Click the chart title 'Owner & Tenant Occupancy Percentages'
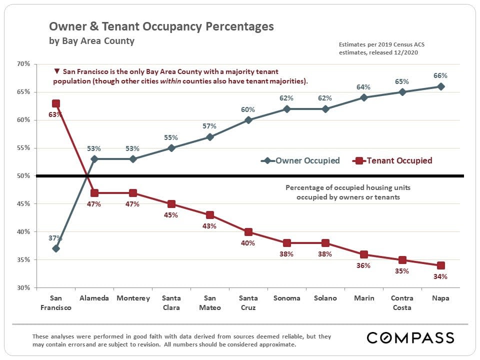pyautogui.click(x=161, y=26)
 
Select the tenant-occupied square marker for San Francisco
pyautogui.click(x=56, y=103)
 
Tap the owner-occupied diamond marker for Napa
pyautogui.click(x=441, y=86)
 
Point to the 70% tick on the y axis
pyautogui.click(x=23, y=64)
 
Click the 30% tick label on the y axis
pyautogui.click(x=23, y=288)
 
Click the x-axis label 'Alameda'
pyautogui.click(x=94, y=298)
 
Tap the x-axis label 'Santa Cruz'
pyautogui.click(x=248, y=302)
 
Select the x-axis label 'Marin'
pyautogui.click(x=364, y=298)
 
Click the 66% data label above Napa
pyautogui.click(x=440, y=76)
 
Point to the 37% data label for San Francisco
pyautogui.click(x=55, y=238)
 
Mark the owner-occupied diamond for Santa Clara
pyautogui.click(x=171, y=148)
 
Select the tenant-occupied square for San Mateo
pyautogui.click(x=210, y=215)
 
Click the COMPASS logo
pyautogui.click(x=410, y=337)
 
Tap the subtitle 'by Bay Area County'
pyautogui.click(x=91, y=41)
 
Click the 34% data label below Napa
pyautogui.click(x=440, y=276)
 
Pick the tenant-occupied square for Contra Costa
pyautogui.click(x=402, y=260)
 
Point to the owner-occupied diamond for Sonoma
pyautogui.click(x=287, y=109)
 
